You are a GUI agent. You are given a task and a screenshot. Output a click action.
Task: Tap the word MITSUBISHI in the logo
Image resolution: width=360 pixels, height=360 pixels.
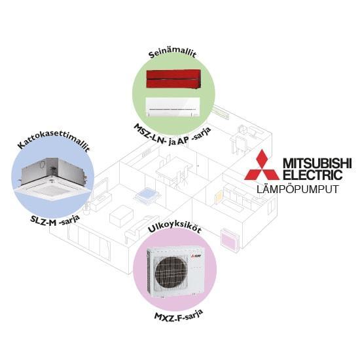[317, 163]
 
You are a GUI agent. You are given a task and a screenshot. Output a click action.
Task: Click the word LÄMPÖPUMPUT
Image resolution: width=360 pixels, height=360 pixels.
[298, 190]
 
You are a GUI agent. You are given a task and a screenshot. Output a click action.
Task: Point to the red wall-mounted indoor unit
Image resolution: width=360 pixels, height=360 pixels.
[174, 79]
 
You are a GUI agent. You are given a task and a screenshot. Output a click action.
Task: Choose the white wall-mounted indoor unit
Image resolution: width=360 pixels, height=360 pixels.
[173, 107]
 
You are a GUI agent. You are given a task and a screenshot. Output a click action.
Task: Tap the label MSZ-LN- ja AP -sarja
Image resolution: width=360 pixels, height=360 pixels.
[172, 135]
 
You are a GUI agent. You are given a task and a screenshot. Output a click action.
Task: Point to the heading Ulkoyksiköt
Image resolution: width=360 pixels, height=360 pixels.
[175, 228]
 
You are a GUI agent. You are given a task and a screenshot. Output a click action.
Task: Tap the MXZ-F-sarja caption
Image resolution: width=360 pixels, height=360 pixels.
[179, 316]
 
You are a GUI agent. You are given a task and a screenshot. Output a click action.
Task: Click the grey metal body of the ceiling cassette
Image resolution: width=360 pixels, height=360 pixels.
[54, 170]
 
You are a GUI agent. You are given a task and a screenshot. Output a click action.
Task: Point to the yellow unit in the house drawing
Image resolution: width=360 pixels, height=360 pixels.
[218, 198]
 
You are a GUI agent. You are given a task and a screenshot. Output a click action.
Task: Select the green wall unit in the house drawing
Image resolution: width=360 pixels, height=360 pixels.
[220, 113]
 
